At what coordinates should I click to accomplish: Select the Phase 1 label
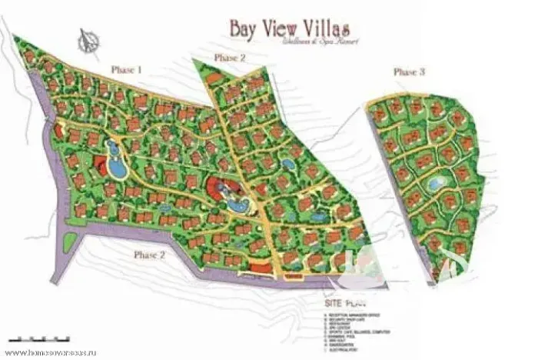tap(127, 69)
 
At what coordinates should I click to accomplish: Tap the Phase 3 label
tap(410, 72)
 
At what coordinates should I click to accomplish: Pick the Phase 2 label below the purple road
tap(150, 255)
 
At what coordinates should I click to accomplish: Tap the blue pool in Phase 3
tap(435, 183)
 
